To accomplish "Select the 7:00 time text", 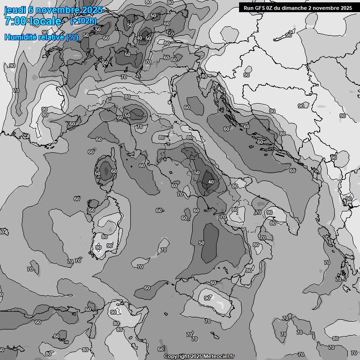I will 15,21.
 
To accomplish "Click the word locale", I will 45,21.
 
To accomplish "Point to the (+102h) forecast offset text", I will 83,21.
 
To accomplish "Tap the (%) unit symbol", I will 72,37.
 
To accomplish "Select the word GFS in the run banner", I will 261,7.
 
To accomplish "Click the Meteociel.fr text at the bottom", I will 219,357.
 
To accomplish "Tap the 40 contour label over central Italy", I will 211,182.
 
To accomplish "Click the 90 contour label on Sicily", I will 207,298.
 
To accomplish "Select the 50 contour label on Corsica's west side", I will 97,173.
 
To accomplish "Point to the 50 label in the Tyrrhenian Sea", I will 202,243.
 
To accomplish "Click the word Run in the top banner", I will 248,7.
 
